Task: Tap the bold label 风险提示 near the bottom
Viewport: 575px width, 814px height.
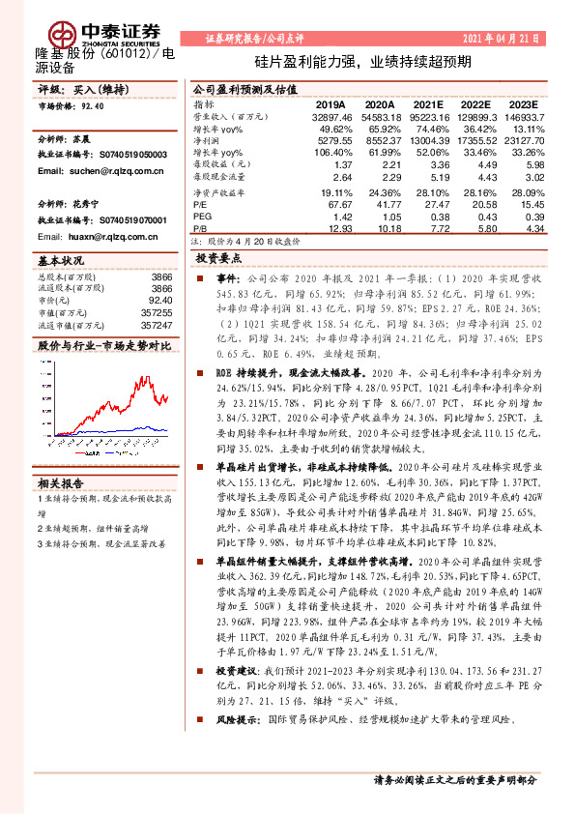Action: (236, 721)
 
